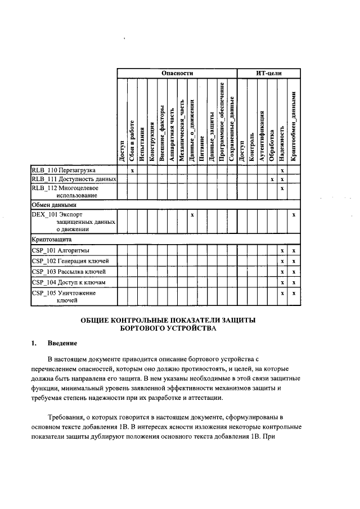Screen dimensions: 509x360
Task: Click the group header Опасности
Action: (177, 73)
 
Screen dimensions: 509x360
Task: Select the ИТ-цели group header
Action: (268, 73)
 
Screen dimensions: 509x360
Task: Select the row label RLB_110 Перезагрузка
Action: (64, 170)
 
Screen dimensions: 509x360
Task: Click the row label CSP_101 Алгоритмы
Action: (60, 250)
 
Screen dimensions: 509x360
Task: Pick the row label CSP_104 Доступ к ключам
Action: (68, 282)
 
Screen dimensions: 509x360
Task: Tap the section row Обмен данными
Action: (54, 205)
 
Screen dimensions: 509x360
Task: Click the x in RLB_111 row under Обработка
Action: (272, 179)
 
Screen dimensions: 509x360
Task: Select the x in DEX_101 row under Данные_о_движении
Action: (192, 215)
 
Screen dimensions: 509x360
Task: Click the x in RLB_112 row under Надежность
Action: (282, 188)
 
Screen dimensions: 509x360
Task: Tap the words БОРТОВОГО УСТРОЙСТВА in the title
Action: (168, 328)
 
